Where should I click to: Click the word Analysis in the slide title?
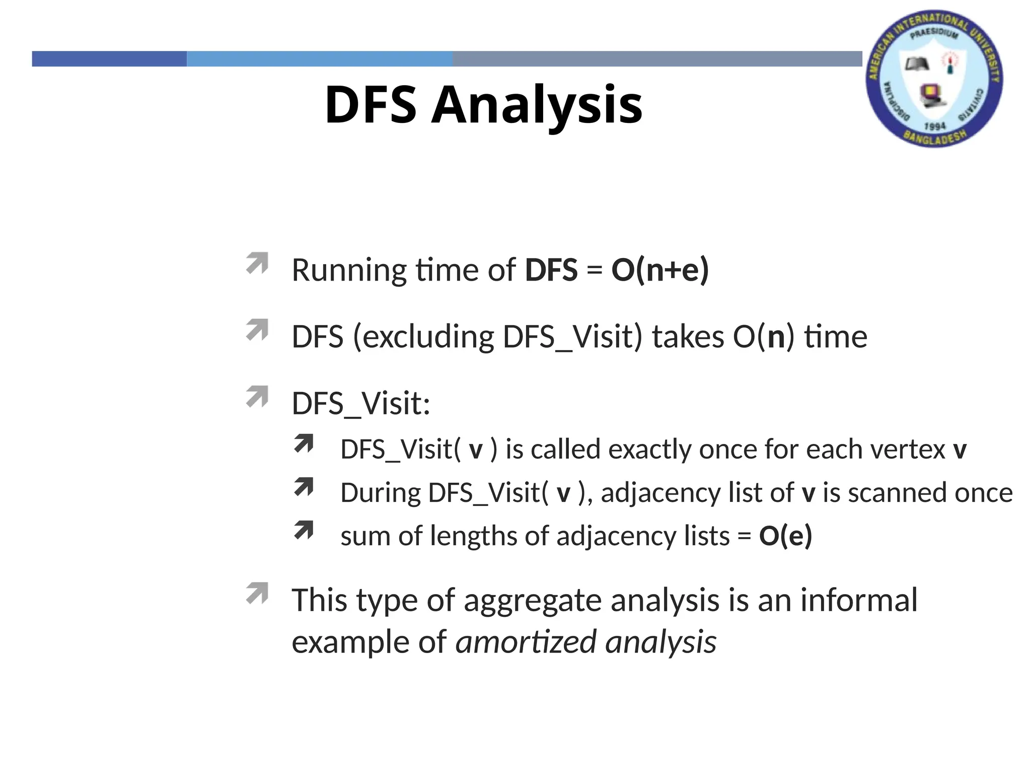coord(537,105)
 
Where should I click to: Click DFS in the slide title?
coord(371,105)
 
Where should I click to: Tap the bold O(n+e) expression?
coord(660,270)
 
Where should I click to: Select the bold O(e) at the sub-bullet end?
coord(785,535)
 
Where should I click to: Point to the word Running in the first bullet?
coord(348,271)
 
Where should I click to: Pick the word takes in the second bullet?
coord(688,337)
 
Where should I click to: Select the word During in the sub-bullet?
coord(380,492)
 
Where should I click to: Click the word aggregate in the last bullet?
coord(533,601)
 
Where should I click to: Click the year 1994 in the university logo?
coord(935,125)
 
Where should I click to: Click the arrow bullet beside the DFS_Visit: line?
coord(257,397)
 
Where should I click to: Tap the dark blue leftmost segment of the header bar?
coord(109,59)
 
